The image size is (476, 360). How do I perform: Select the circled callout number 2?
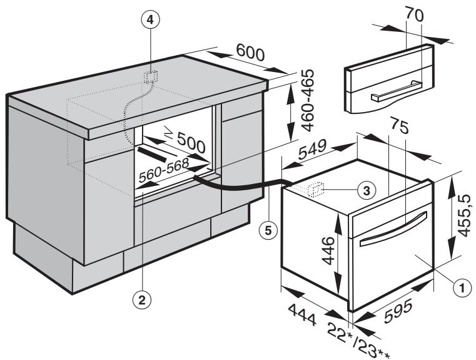coord(142,300)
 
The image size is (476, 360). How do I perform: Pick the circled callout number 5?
coord(268,230)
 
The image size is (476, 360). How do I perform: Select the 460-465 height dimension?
coord(306,104)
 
